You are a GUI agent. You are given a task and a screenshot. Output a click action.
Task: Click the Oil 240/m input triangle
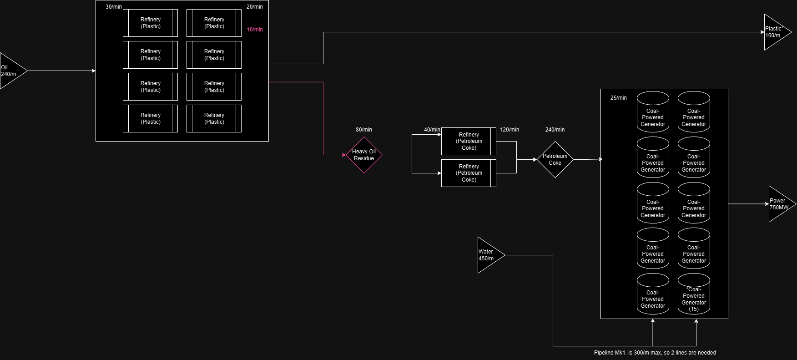click(11, 71)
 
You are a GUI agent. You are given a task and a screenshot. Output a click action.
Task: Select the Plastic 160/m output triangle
click(775, 32)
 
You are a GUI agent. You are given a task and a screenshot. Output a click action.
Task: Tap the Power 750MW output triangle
click(780, 204)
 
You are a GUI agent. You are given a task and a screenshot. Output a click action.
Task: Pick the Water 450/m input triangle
click(489, 255)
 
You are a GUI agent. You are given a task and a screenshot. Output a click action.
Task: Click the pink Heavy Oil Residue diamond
click(364, 155)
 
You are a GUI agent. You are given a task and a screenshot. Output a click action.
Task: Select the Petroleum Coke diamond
click(555, 159)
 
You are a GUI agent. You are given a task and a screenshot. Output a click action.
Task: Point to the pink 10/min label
click(255, 30)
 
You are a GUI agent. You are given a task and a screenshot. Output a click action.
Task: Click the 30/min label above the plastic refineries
click(114, 7)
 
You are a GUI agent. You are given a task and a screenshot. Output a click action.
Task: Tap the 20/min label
click(255, 7)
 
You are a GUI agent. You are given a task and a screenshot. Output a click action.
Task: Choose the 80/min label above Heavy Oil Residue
click(364, 130)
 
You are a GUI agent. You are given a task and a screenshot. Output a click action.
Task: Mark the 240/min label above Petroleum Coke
click(555, 130)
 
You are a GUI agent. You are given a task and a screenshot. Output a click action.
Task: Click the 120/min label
click(509, 130)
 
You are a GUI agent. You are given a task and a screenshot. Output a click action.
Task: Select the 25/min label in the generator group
click(619, 98)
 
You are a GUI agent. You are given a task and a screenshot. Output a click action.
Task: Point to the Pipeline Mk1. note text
click(655, 353)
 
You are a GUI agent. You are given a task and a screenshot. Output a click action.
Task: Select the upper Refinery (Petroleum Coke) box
click(469, 141)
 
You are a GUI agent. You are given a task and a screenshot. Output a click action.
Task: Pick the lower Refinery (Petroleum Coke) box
click(469, 173)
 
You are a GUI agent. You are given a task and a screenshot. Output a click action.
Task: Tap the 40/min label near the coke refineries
click(432, 130)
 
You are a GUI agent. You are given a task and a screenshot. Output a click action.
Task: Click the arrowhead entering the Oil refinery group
click(94, 71)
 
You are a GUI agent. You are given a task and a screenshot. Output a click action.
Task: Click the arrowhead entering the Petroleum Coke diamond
click(535, 159)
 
